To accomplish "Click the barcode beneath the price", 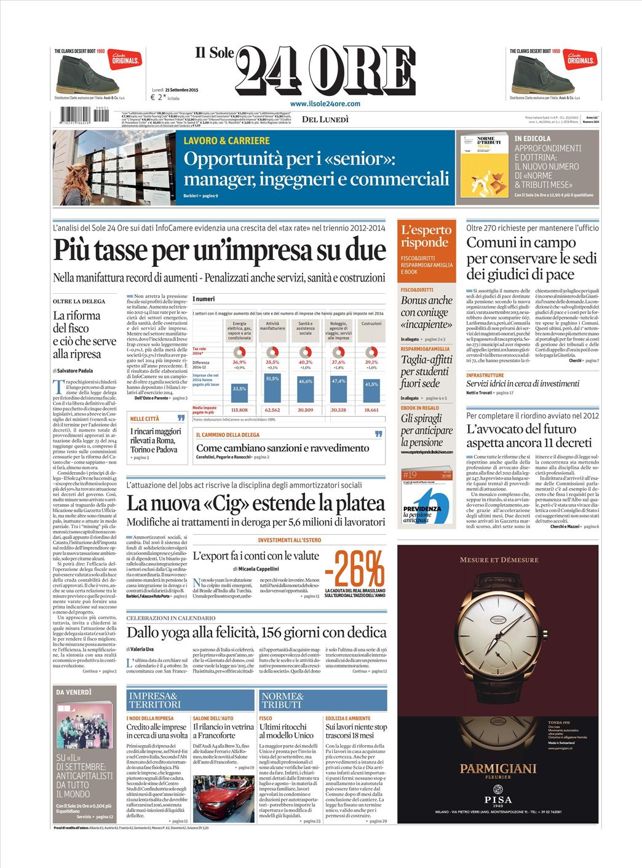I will pos(84,115).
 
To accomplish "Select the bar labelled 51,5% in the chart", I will pos(272,387).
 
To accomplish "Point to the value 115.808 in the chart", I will pos(239,409).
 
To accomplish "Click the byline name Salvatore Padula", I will pos(76,371).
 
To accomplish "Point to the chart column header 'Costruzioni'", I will pos(371,323).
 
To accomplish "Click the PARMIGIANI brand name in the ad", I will pos(498,768).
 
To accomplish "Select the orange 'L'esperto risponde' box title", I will pos(426,235).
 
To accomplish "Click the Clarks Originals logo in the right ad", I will pos(581,59).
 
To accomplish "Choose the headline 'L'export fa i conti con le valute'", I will pos(256,556).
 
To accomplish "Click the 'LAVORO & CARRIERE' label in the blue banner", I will pos(226,141).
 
